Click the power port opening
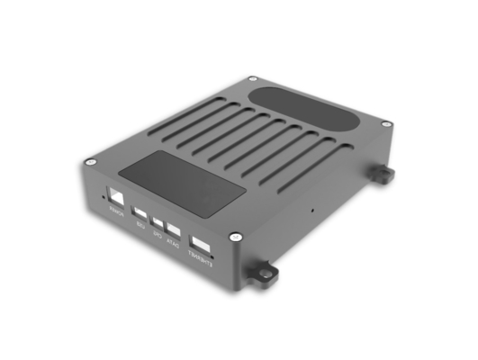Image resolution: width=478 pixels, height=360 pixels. (117, 196)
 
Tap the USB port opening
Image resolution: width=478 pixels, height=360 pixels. (140, 213)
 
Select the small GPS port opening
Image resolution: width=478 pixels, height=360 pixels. (158, 221)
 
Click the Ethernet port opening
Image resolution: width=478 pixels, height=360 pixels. (201, 245)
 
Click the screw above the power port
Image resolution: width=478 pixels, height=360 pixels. (89, 162)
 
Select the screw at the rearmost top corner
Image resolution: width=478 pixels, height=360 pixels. (250, 79)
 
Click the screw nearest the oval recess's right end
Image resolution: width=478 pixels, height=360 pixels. (385, 123)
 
